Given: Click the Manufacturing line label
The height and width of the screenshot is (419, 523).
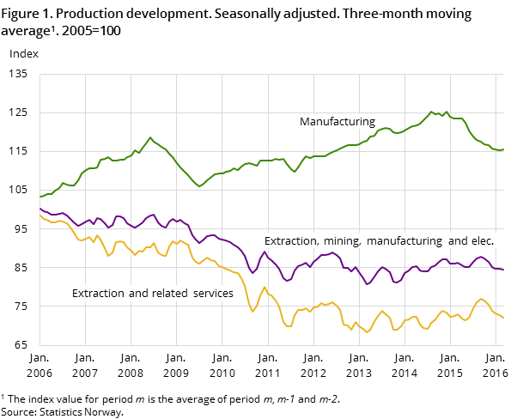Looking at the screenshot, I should [x=337, y=122].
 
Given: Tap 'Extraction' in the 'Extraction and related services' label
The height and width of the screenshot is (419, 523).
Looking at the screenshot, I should [x=98, y=294].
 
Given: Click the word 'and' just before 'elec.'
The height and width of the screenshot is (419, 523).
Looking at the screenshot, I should [x=453, y=241].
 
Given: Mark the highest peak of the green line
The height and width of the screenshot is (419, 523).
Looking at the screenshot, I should [x=432, y=112].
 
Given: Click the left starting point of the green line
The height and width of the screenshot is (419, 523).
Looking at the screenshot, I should [x=40, y=197].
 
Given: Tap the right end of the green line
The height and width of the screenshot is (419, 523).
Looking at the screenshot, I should [x=502, y=150].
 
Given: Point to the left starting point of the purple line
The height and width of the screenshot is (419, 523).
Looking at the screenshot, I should [x=40, y=208].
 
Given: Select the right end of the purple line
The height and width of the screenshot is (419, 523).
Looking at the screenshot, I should [x=502, y=270].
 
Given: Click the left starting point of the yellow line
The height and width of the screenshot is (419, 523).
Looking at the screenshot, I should [x=40, y=216].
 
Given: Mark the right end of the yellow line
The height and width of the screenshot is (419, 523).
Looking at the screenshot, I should [x=502, y=318].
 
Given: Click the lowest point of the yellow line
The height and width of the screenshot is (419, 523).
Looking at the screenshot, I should [x=368, y=332].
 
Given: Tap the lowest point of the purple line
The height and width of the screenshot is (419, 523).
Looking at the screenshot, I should [x=368, y=284].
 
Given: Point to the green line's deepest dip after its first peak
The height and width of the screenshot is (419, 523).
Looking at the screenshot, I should [x=199, y=186].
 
